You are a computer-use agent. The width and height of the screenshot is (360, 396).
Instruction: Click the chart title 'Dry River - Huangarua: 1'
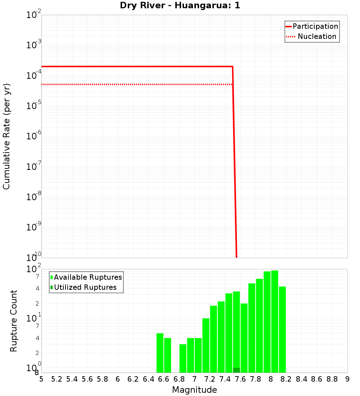tap(180, 6)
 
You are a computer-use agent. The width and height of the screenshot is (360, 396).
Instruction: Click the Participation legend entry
tap(312, 26)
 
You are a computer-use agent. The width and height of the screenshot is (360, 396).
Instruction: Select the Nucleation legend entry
tap(312, 36)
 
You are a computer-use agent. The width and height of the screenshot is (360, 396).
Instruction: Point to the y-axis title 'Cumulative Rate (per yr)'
tap(6, 136)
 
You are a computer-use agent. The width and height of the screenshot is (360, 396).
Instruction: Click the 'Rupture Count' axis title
tap(14, 321)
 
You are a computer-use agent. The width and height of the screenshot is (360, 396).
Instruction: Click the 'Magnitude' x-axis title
tap(194, 390)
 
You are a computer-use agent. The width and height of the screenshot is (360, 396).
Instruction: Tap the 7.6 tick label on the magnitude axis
tap(240, 379)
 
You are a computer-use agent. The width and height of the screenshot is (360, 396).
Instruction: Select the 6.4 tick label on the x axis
tap(148, 379)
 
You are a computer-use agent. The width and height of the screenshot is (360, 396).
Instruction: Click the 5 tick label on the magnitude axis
tap(41, 379)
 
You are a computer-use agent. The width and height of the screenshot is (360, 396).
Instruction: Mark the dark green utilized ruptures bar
tap(237, 370)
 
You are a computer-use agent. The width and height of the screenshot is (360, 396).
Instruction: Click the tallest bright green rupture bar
tap(275, 320)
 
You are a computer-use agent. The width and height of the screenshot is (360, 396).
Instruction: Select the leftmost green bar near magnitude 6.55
tap(160, 353)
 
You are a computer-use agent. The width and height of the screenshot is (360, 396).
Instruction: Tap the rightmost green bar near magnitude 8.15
tap(282, 329)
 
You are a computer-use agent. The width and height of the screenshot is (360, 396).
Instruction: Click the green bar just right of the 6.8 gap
tap(183, 358)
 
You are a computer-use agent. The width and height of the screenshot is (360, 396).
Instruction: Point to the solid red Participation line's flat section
tap(137, 67)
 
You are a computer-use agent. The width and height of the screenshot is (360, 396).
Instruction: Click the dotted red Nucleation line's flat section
tap(137, 84)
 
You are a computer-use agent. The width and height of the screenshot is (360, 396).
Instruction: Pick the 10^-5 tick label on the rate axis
tap(33, 105)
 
